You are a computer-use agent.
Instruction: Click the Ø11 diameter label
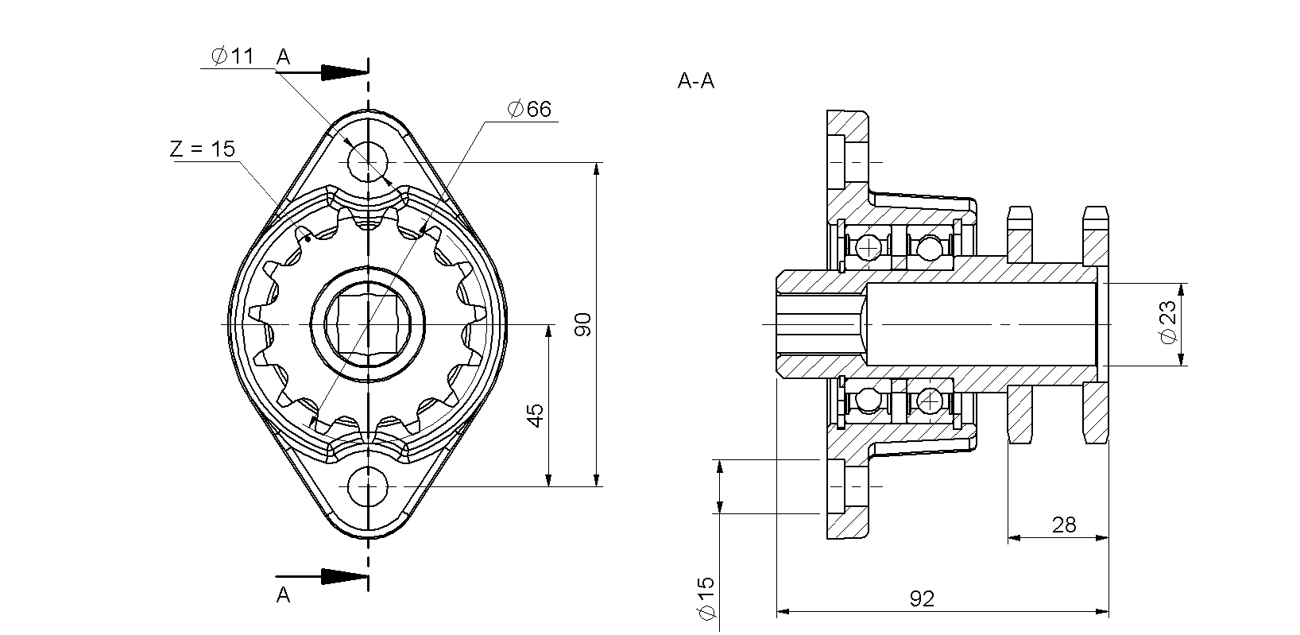[x=232, y=57]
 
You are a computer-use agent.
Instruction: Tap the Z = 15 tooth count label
[x=203, y=149]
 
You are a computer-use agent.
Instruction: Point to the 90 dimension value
[x=584, y=324]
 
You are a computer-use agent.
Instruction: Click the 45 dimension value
[x=536, y=414]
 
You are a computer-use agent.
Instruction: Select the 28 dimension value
[x=1064, y=525]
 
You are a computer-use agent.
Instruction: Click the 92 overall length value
[x=922, y=598]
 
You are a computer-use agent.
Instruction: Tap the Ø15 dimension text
[x=706, y=598]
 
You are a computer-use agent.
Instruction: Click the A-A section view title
[x=696, y=81]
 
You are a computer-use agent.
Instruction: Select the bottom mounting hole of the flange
[x=368, y=486]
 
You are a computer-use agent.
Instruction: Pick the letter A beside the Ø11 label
[x=284, y=57]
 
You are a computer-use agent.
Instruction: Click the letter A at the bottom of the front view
[x=284, y=594]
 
